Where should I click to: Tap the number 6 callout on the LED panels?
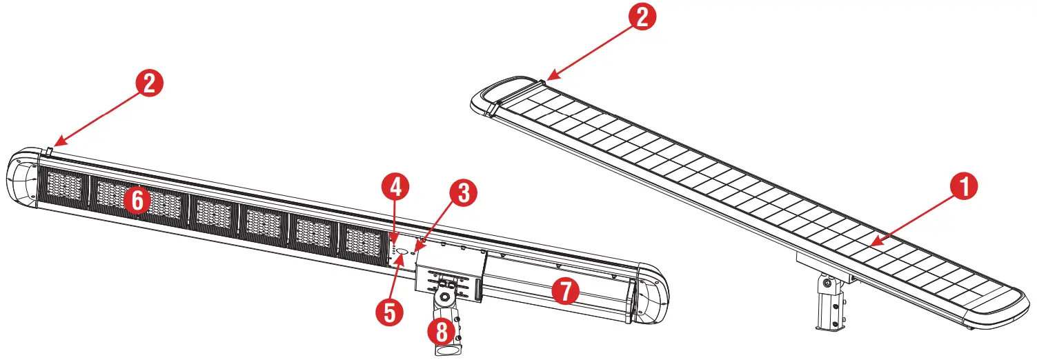point(137,201)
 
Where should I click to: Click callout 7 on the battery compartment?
point(566,292)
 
